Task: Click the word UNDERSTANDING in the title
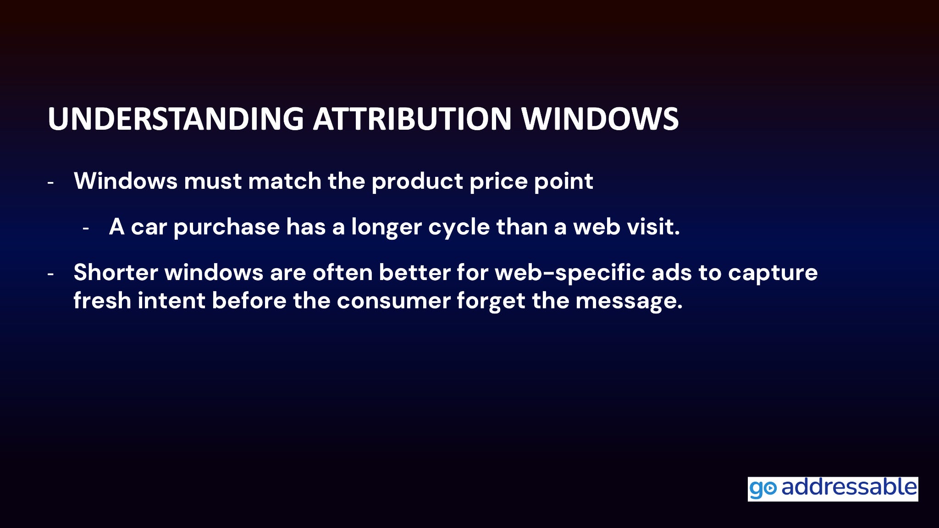pyautogui.click(x=176, y=119)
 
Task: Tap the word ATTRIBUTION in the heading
pyautogui.click(x=412, y=119)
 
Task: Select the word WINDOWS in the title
pyautogui.click(x=600, y=119)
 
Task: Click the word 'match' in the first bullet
pyautogui.click(x=285, y=181)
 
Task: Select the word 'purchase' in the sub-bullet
pyautogui.click(x=226, y=227)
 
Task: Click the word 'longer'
pyautogui.click(x=387, y=227)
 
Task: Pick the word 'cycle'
pyautogui.click(x=459, y=227)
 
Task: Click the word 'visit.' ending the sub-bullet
pyautogui.click(x=653, y=226)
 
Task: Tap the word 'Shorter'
pyautogui.click(x=116, y=272)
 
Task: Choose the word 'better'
pyautogui.click(x=414, y=272)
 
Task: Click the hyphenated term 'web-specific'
pyautogui.click(x=570, y=273)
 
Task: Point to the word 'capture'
pyautogui.click(x=773, y=273)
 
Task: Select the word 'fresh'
pyautogui.click(x=102, y=300)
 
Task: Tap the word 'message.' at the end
pyautogui.click(x=629, y=301)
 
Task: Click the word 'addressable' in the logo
pyautogui.click(x=849, y=487)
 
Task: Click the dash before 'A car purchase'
pyautogui.click(x=86, y=228)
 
